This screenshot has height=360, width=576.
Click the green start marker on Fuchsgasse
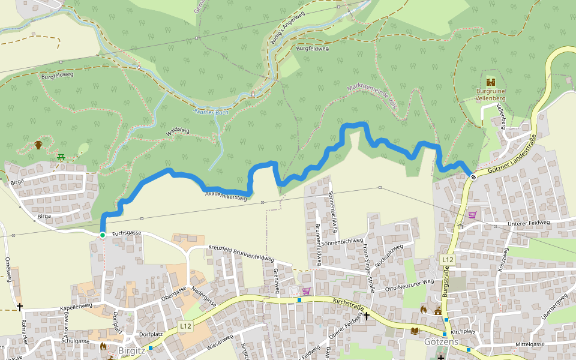point(103,235)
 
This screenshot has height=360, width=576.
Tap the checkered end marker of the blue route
point(473,176)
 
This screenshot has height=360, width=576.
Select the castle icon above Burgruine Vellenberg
point(491,82)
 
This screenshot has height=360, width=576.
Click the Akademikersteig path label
point(226,195)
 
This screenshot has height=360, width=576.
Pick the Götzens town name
point(441,342)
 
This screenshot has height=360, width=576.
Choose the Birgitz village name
point(132,350)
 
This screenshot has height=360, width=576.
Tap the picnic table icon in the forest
point(61,157)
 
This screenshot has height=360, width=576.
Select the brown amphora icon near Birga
point(38,145)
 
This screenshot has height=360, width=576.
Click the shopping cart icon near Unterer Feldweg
point(472,215)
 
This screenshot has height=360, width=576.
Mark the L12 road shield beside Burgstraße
point(447,260)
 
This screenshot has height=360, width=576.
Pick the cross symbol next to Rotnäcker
point(20,307)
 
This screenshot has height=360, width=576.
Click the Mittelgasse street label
point(530,344)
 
